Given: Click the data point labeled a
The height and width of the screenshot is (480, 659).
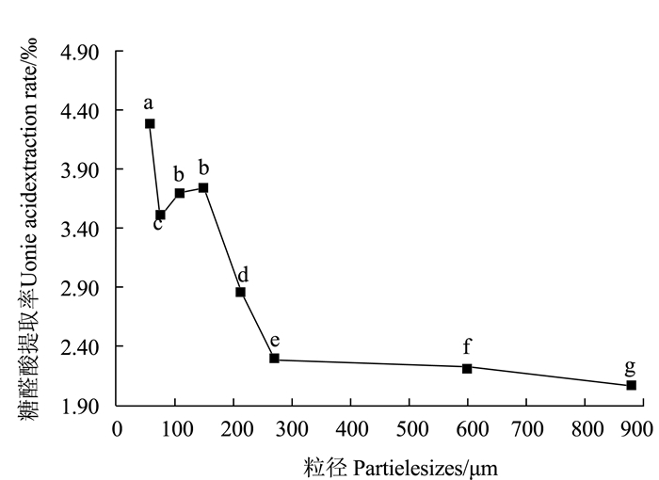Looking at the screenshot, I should [x=150, y=123].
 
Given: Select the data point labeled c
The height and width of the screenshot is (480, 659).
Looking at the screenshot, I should [x=160, y=215].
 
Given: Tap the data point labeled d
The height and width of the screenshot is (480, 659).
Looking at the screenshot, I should [x=240, y=292].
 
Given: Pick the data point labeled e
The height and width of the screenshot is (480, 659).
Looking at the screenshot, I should [x=274, y=358].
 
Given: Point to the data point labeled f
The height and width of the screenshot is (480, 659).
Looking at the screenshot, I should [x=467, y=367].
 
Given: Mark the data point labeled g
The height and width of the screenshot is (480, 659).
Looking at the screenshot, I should [x=631, y=385].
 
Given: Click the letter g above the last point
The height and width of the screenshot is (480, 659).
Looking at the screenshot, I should [x=630, y=366].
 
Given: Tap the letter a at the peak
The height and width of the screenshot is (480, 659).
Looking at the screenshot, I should [x=149, y=103].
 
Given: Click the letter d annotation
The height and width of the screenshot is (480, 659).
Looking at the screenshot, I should [x=243, y=275].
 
